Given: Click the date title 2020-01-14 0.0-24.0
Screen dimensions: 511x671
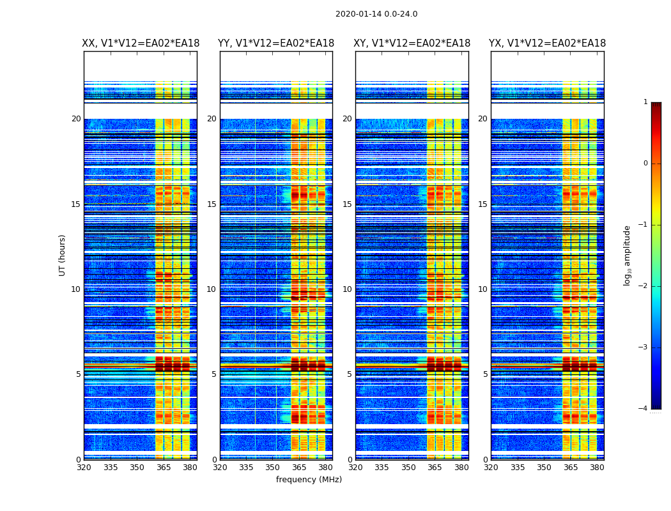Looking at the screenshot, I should click(x=376, y=14).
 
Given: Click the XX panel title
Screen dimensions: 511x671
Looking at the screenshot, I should click(x=141, y=43).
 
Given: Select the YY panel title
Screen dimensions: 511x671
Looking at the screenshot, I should click(x=276, y=43).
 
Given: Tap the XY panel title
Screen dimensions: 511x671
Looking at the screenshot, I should click(x=412, y=43).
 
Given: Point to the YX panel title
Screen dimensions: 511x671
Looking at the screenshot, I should click(x=548, y=43).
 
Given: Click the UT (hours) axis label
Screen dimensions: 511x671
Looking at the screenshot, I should click(x=63, y=255).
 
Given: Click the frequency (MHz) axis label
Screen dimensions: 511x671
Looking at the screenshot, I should click(x=309, y=480).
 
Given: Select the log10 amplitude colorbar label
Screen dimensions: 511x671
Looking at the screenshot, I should click(x=628, y=255).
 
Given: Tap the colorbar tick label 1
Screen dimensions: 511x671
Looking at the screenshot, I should click(x=645, y=102).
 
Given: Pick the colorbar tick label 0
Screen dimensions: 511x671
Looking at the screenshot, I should click(x=645, y=164).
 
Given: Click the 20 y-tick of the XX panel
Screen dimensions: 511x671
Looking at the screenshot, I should click(x=76, y=119).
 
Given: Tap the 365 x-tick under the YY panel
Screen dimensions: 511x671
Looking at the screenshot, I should click(x=299, y=467).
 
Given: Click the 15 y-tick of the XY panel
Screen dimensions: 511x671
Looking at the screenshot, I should click(x=347, y=204).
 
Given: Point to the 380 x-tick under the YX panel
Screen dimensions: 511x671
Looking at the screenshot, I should click(x=597, y=467).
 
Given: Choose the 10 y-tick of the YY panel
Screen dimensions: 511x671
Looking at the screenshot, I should click(x=212, y=289).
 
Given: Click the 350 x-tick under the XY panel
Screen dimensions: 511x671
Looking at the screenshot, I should click(x=408, y=467).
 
